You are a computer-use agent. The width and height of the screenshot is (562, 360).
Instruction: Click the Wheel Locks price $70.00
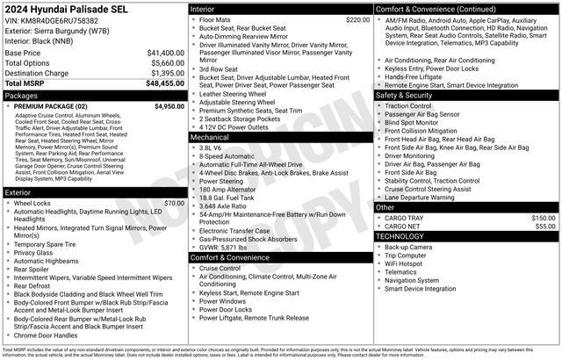point(174,203)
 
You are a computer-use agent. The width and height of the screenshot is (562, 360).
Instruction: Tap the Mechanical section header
point(210,138)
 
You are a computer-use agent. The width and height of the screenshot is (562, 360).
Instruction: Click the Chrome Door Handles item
point(46,335)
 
